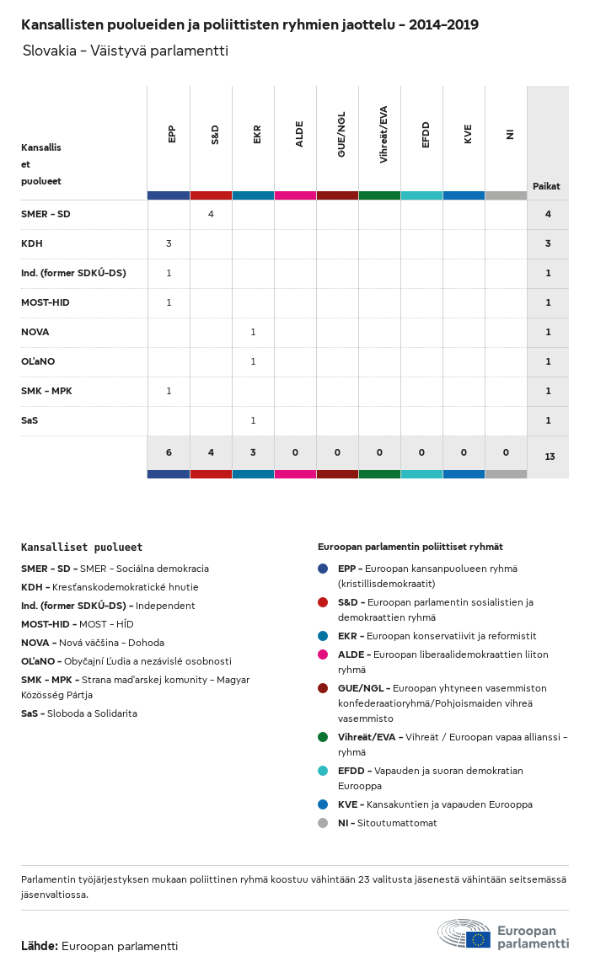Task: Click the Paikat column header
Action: (x=546, y=186)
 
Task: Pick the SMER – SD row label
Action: (x=46, y=214)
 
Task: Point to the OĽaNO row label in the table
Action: (x=39, y=361)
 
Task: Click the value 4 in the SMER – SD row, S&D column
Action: (x=211, y=214)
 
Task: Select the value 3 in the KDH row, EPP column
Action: (x=169, y=243)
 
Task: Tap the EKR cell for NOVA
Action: (x=253, y=332)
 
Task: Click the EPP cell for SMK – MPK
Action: (x=169, y=391)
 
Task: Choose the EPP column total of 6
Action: (x=169, y=452)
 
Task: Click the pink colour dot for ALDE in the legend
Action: (x=323, y=654)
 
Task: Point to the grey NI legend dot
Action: (x=323, y=823)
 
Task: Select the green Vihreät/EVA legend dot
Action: (x=323, y=737)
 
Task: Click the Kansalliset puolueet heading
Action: (x=82, y=548)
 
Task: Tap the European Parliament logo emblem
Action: (x=464, y=935)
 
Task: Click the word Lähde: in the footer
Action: (x=40, y=946)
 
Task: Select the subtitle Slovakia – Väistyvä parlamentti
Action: (x=126, y=51)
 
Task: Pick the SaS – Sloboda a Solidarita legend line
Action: (x=79, y=713)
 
